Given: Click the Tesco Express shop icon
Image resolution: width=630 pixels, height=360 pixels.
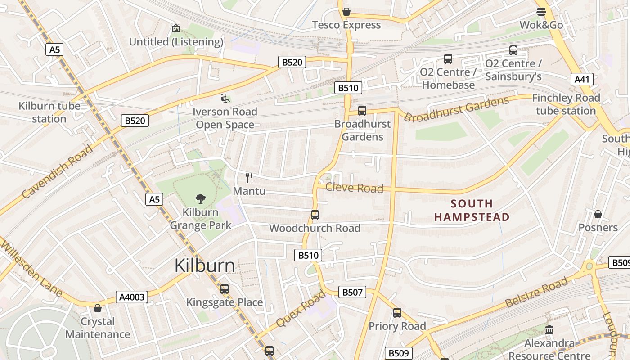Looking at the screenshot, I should (x=346, y=12).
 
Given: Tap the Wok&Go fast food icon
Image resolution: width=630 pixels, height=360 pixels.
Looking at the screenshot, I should (x=541, y=12).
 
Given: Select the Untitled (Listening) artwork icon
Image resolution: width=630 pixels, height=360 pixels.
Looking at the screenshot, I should (x=176, y=28).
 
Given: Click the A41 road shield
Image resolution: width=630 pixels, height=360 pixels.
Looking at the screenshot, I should (x=582, y=80).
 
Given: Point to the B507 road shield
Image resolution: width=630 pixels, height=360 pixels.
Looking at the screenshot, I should (x=352, y=292).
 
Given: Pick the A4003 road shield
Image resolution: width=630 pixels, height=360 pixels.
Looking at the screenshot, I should (x=132, y=297).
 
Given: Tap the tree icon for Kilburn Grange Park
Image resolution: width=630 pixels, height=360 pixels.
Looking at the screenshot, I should (x=201, y=198).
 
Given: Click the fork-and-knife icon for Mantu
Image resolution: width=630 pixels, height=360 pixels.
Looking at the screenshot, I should (x=249, y=178).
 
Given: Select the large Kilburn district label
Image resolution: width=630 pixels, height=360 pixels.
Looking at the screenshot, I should (x=205, y=266).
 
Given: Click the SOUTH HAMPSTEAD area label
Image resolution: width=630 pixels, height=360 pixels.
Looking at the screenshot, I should (x=472, y=210).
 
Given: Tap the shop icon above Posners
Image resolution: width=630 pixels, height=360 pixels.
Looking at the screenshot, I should (x=598, y=214).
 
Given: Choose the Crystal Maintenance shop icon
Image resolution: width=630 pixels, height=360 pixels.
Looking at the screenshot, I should (x=98, y=308).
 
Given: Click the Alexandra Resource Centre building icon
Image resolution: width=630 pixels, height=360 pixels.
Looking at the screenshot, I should (x=549, y=330).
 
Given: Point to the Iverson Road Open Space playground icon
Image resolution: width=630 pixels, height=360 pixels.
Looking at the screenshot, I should (x=225, y=98).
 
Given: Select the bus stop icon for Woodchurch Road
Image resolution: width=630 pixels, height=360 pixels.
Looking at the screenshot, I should (x=315, y=215).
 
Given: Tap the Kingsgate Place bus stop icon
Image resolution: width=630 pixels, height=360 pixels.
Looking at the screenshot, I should (x=225, y=289).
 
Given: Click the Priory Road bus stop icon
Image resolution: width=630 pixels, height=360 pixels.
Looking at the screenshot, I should (x=397, y=313).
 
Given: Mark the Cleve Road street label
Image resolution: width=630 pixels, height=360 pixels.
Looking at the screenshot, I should (x=354, y=188).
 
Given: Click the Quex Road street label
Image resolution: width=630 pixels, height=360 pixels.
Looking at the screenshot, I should (x=301, y=309).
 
